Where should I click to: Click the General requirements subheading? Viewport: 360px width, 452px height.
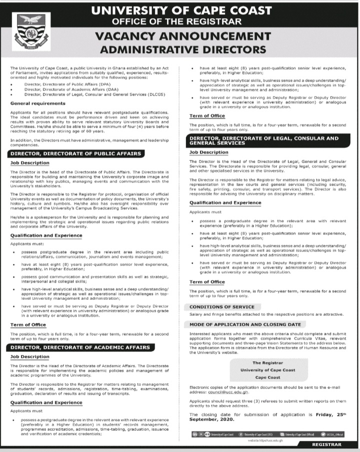click(x=37, y=103)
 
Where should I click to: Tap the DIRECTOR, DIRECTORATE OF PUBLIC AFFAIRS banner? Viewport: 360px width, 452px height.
click(x=75, y=153)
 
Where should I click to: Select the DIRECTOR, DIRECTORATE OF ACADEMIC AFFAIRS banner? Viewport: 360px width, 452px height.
click(x=80, y=346)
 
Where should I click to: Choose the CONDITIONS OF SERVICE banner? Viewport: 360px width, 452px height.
click(x=222, y=306)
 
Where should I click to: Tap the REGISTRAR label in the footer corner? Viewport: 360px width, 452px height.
click(x=326, y=444)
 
